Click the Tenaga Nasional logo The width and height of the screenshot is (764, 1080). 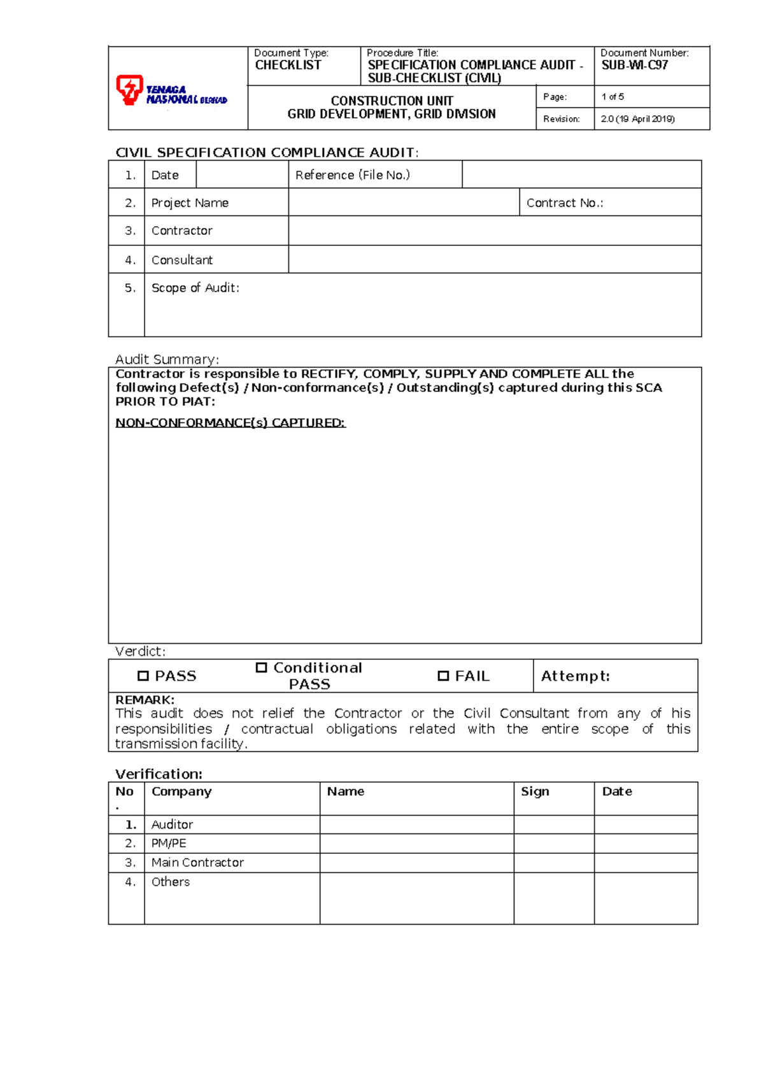[x=171, y=90]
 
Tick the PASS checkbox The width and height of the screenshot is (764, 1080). [x=143, y=676]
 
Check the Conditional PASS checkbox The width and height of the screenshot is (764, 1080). [x=261, y=667]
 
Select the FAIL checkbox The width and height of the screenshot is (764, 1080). [x=443, y=676]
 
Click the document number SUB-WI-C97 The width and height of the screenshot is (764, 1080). [x=634, y=65]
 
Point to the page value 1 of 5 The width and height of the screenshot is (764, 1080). [x=612, y=97]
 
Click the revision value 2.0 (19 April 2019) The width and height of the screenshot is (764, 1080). [x=637, y=119]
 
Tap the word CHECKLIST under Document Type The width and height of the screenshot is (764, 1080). [x=288, y=65]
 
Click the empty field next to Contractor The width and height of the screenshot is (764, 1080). [x=494, y=231]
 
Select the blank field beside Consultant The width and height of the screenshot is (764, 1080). [x=494, y=260]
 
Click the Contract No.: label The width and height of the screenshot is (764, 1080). [x=564, y=203]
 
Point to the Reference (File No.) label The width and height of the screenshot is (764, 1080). [x=352, y=175]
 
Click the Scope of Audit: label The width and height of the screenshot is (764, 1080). [x=195, y=288]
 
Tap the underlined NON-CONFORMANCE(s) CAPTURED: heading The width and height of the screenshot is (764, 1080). [x=230, y=423]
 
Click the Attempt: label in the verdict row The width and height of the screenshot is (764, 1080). [x=575, y=676]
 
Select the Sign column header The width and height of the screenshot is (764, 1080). [x=535, y=792]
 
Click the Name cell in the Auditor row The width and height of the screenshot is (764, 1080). [x=416, y=825]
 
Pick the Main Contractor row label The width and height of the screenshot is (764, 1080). [x=197, y=863]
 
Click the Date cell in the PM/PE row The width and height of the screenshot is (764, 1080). [x=646, y=844]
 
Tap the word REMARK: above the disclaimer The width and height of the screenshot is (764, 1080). [x=145, y=700]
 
